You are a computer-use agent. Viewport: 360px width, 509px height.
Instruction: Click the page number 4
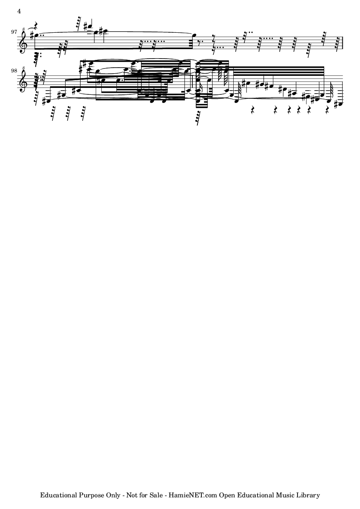[x=19, y=11]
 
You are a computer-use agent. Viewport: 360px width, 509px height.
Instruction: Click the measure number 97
[x=14, y=32]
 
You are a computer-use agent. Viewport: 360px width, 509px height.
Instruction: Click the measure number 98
[x=14, y=71]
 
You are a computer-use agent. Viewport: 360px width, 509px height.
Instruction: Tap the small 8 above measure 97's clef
[x=23, y=29]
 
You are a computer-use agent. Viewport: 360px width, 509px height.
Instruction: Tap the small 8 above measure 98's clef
[x=23, y=68]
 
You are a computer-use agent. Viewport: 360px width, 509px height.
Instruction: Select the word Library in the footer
[x=309, y=495]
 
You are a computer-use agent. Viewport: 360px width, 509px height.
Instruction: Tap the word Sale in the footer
[x=156, y=495]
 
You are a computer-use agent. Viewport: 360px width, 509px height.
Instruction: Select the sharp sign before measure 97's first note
[x=32, y=34]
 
